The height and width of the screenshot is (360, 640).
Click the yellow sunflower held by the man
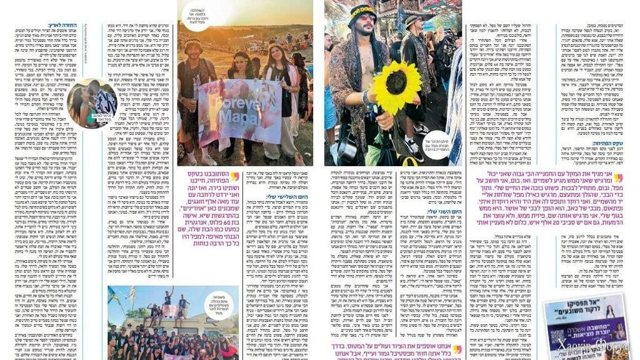click(397, 86)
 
